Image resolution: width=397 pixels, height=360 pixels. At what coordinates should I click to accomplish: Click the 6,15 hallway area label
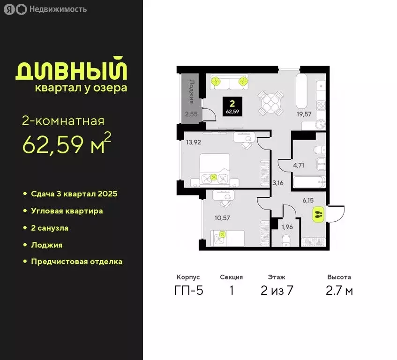pos(307,200)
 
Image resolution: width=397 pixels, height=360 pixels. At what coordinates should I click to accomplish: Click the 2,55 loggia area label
pos(190,114)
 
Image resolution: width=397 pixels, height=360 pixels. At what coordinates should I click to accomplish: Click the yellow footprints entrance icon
pos(318,215)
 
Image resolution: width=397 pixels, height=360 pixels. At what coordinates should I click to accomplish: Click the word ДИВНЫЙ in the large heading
pos(71,70)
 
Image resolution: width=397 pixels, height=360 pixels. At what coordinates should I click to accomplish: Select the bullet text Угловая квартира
pos(67,211)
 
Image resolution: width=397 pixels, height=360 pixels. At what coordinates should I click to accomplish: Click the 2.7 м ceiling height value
pos(339,291)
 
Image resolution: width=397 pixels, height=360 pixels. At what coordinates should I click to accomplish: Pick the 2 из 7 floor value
pos(277,291)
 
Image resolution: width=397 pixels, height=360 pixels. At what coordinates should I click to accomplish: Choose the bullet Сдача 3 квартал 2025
pos(74,194)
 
